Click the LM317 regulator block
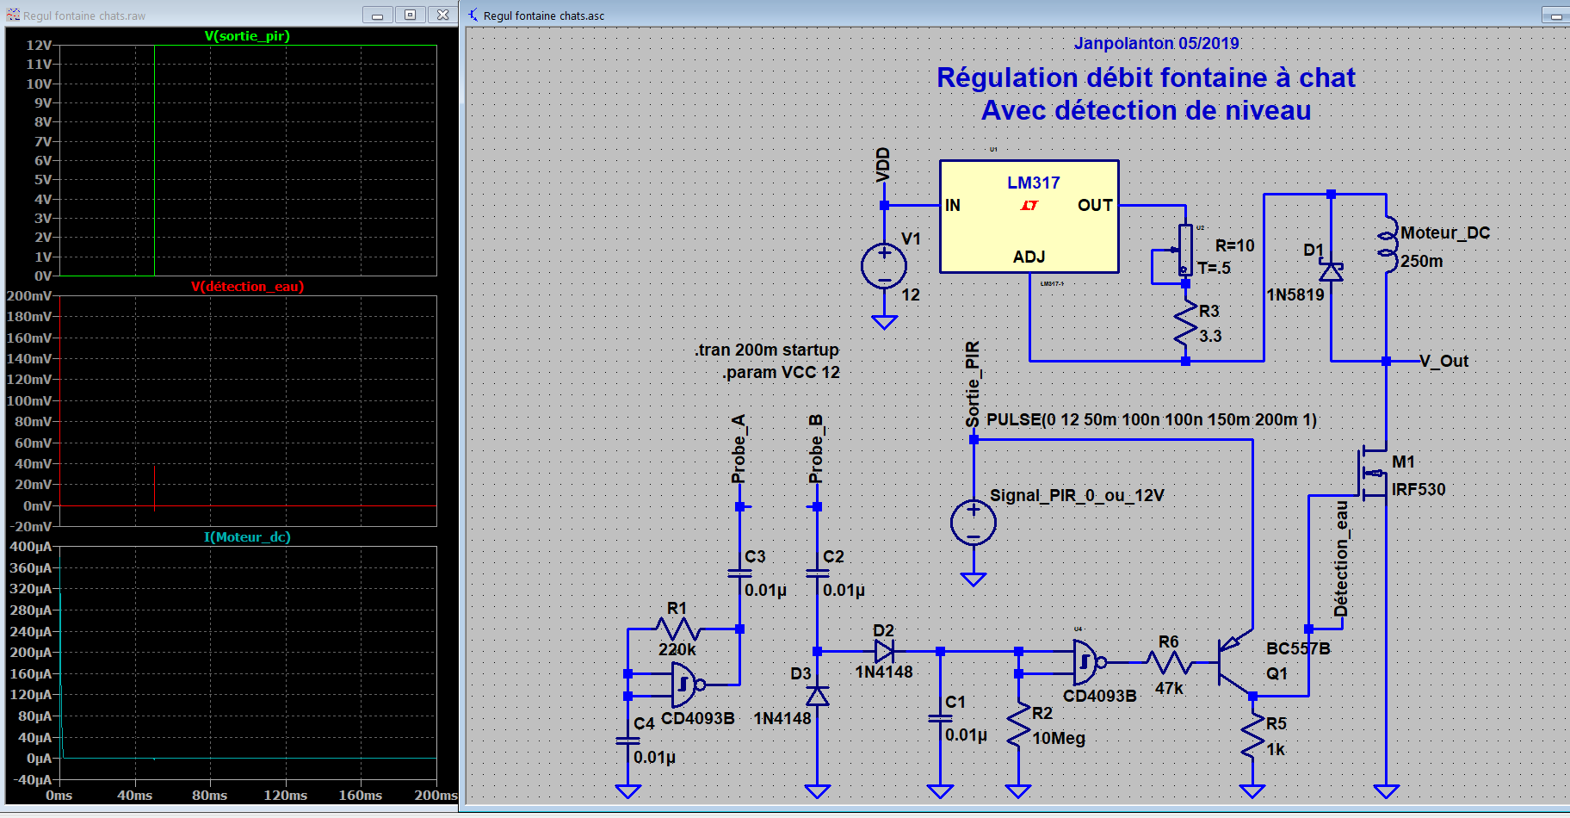click(1029, 216)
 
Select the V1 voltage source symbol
click(884, 266)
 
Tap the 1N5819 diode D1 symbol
click(1331, 272)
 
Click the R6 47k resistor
click(1169, 662)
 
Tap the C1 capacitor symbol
click(940, 718)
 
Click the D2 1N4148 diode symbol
click(884, 651)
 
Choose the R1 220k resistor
click(677, 629)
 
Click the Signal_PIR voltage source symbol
click(974, 523)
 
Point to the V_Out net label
click(1443, 361)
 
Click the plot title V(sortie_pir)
click(247, 36)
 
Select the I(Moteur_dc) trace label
click(247, 537)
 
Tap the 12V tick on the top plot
click(39, 45)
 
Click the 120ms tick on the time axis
click(285, 795)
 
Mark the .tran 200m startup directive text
click(766, 350)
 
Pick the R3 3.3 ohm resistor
click(1185, 324)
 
